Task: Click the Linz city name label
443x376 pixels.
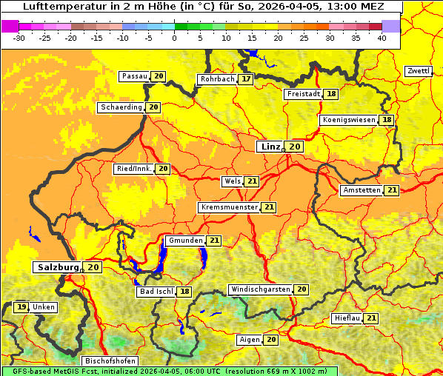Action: click(x=270, y=147)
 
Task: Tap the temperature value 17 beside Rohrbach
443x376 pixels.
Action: click(x=246, y=78)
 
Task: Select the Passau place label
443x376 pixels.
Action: click(x=135, y=76)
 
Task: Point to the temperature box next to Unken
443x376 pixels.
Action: click(x=21, y=307)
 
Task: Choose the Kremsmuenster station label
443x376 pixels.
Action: click(x=229, y=207)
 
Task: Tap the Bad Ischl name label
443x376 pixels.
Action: click(x=156, y=292)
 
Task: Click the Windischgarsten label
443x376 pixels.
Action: click(x=260, y=289)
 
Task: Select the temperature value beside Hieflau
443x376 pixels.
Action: click(x=371, y=318)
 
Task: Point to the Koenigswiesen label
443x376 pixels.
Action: click(x=350, y=120)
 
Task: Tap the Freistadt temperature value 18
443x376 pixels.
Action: click(x=331, y=94)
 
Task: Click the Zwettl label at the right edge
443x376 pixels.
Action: click(x=418, y=71)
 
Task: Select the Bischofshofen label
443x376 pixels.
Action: click(x=110, y=361)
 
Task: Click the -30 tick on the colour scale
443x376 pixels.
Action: click(x=19, y=37)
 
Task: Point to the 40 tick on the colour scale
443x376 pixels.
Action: click(x=382, y=37)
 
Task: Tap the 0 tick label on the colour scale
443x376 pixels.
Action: click(x=175, y=37)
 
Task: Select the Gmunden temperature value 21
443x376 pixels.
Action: click(x=214, y=241)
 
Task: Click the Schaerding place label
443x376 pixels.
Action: click(x=121, y=107)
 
